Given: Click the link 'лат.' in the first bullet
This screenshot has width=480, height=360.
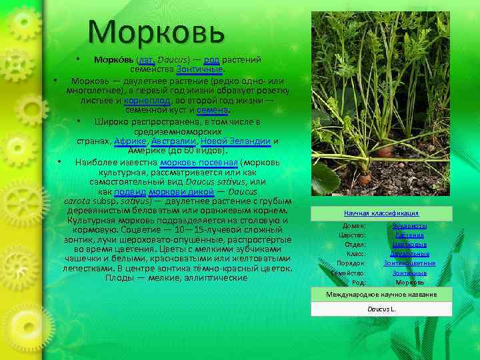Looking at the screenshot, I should pyautogui.click(x=143, y=59).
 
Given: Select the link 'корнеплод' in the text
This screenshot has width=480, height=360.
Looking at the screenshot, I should pyautogui.click(x=145, y=100).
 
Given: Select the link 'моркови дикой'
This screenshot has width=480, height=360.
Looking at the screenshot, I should pyautogui.click(x=187, y=191).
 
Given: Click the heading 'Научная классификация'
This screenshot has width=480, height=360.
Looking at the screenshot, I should pyautogui.click(x=381, y=213).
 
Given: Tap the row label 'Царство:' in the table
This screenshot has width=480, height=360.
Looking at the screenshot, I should pyautogui.click(x=352, y=235).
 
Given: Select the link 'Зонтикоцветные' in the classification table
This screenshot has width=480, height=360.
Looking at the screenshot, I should pyautogui.click(x=409, y=263).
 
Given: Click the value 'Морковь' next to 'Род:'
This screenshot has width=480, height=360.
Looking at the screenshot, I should pyautogui.click(x=409, y=282).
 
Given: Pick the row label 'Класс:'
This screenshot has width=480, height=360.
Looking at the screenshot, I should pyautogui.click(x=355, y=254).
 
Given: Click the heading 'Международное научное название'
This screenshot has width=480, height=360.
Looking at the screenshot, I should pyautogui.click(x=381, y=294).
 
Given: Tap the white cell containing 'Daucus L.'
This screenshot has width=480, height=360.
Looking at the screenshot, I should pyautogui.click(x=381, y=309).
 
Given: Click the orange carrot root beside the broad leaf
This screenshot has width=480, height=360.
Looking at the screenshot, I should pyautogui.click(x=365, y=178).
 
